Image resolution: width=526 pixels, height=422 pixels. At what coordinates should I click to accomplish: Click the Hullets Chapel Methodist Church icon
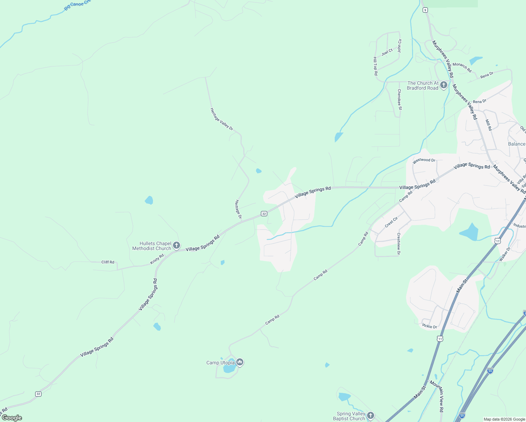click(x=177, y=245)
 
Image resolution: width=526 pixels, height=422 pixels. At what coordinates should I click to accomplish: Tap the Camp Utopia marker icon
click(x=240, y=362)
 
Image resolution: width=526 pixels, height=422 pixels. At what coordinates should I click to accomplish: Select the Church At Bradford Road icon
click(x=444, y=85)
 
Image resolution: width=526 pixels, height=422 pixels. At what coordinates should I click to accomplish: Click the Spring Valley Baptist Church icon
click(x=370, y=416)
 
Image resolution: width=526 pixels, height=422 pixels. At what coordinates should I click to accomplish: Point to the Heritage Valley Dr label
click(x=222, y=119)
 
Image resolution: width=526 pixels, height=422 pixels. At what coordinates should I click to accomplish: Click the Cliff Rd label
click(x=108, y=262)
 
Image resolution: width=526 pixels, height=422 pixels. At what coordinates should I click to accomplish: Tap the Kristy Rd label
click(x=157, y=259)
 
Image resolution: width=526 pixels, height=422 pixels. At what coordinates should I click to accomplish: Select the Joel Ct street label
click(x=387, y=52)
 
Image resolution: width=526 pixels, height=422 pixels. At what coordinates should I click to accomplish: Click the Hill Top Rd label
click(x=375, y=66)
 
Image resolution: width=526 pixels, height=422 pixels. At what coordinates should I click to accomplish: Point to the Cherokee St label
click(x=399, y=100)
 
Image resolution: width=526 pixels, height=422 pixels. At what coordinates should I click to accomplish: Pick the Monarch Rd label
click(x=462, y=67)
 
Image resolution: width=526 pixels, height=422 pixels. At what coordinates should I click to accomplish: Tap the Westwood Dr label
click(x=424, y=160)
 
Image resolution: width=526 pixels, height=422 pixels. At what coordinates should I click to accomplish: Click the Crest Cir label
click(x=391, y=222)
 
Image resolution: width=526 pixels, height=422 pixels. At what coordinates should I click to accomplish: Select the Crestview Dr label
click(x=398, y=244)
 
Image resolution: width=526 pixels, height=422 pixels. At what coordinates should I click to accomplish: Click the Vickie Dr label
click(x=429, y=326)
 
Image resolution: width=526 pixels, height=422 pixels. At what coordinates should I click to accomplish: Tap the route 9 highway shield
click(x=425, y=10)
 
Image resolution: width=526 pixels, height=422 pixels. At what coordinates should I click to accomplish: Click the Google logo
click(x=12, y=418)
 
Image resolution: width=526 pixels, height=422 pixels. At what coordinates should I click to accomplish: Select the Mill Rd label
click(x=488, y=125)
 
